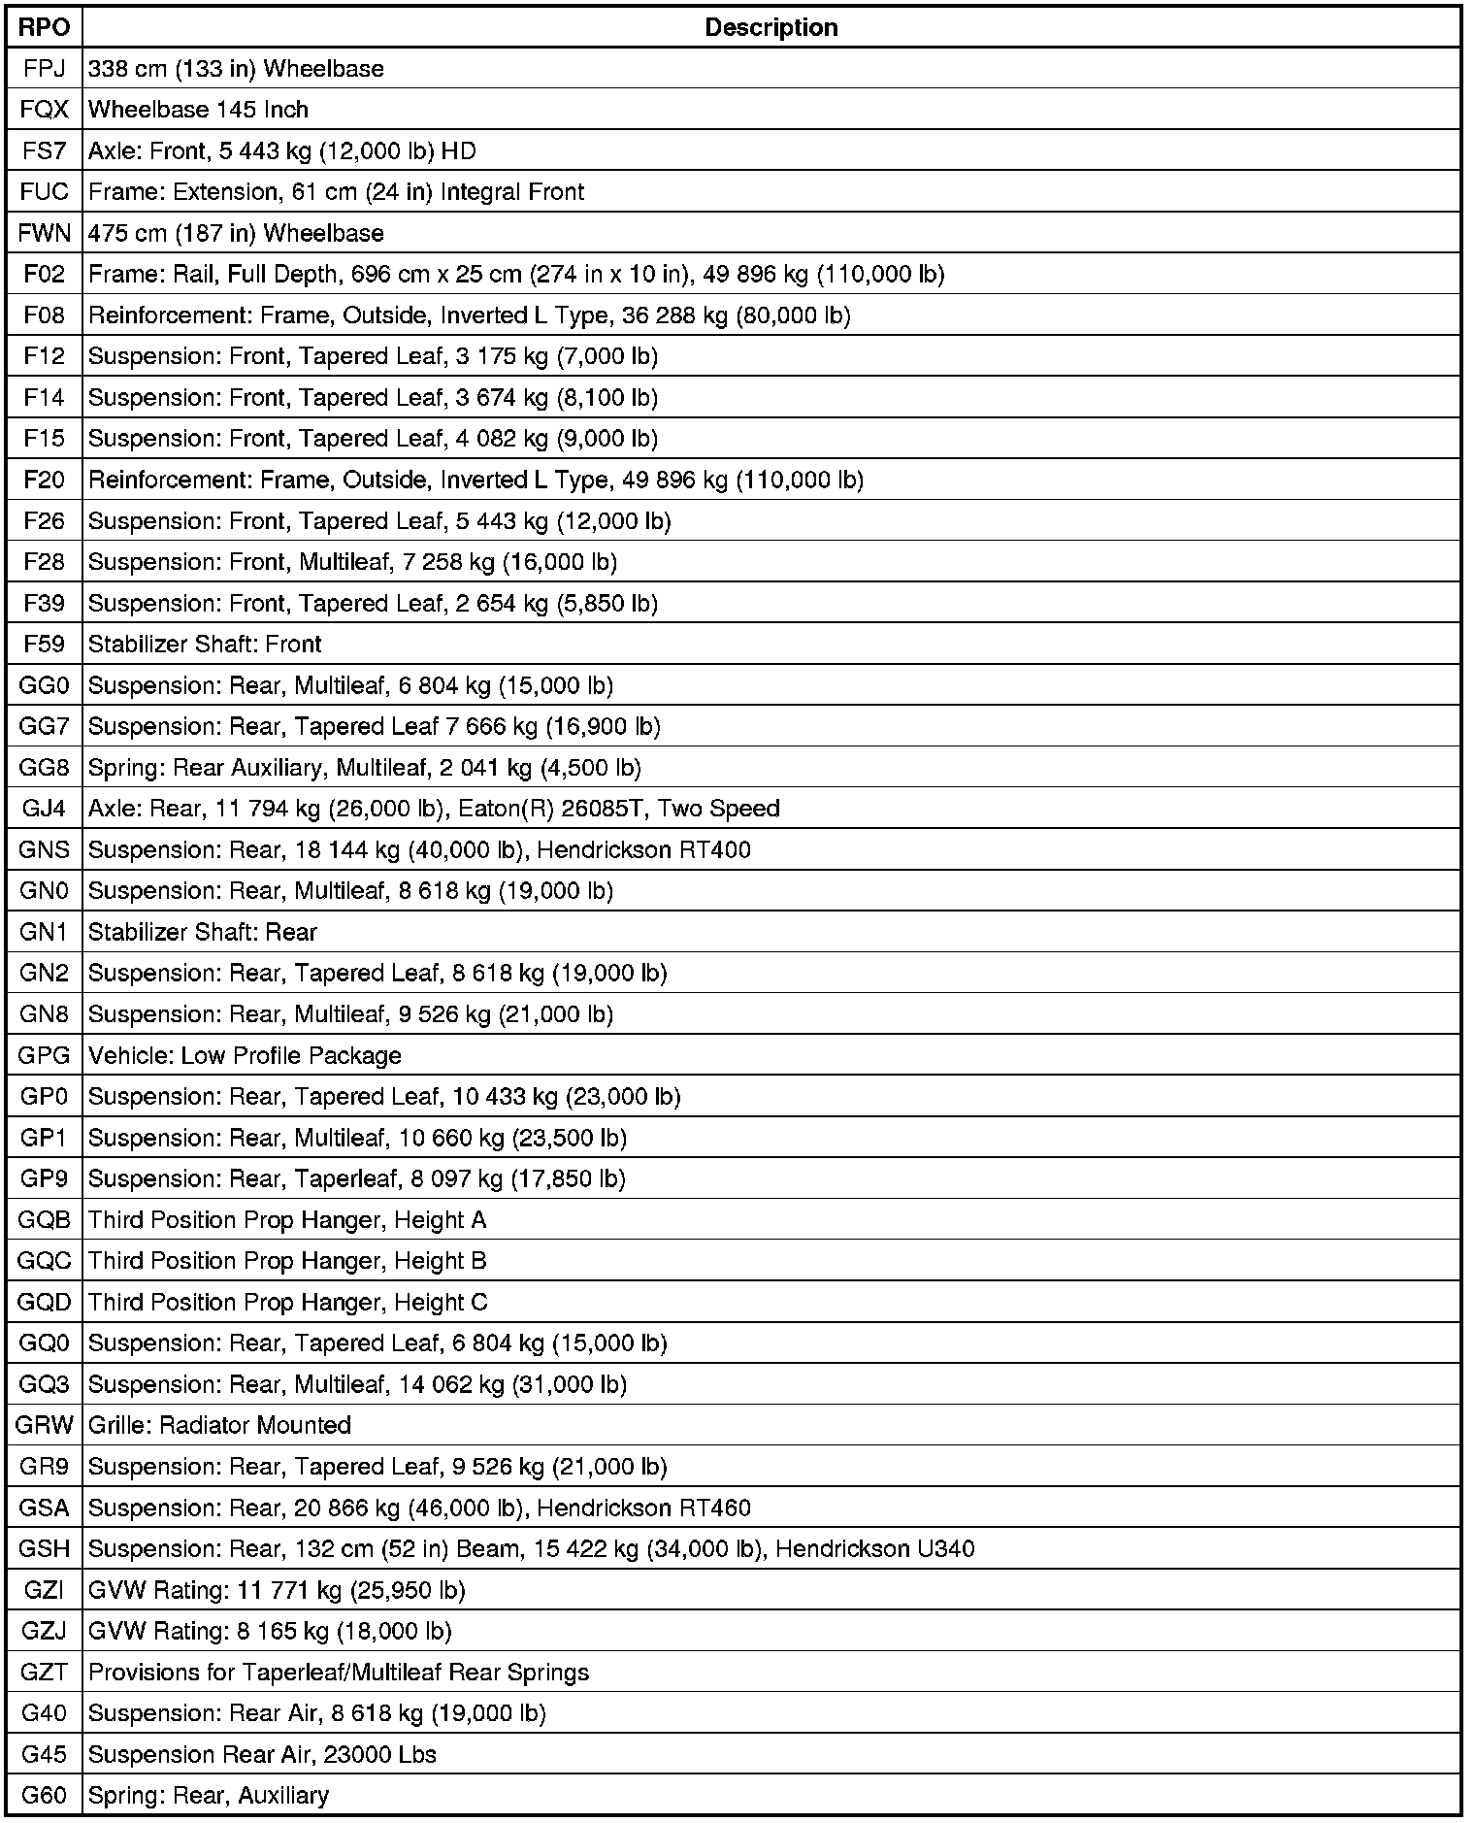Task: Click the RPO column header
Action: [x=45, y=27]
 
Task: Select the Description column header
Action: [x=770, y=27]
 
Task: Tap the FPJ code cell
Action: [x=45, y=69]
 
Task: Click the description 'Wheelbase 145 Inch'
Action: [x=198, y=110]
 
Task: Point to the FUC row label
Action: [x=45, y=192]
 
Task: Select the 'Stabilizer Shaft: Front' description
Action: [x=205, y=645]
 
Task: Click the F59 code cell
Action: [x=45, y=645]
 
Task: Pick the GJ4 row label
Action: [x=45, y=809]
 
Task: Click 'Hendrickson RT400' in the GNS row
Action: [x=643, y=850]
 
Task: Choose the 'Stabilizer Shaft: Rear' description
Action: [x=203, y=932]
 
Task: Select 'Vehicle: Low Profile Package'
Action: [x=245, y=1055]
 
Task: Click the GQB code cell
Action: [x=45, y=1220]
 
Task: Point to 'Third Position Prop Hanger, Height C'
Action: [x=288, y=1302]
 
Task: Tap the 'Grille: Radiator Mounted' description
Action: [x=219, y=1425]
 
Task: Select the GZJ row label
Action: [x=45, y=1631]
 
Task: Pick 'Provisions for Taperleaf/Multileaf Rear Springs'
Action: [x=339, y=1673]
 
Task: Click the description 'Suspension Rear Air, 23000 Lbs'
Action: [x=262, y=1754]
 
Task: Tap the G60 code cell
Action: [x=45, y=1796]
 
